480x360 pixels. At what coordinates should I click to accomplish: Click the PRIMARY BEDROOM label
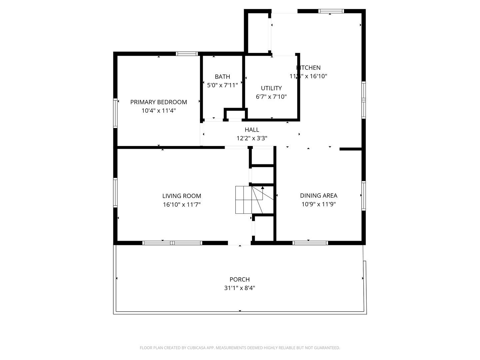tap(158, 102)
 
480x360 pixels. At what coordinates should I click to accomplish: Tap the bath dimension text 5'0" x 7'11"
tap(222, 85)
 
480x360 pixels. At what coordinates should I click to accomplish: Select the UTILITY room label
tap(271, 88)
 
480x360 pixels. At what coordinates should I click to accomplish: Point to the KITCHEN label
tap(309, 68)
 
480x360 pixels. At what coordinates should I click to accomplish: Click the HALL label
tap(252, 130)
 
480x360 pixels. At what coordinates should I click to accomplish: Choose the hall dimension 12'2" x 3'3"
tap(252, 138)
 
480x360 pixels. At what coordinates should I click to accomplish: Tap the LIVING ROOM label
tap(182, 196)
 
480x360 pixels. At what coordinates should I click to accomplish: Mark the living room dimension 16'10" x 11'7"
tap(182, 205)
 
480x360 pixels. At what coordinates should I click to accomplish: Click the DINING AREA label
tap(318, 196)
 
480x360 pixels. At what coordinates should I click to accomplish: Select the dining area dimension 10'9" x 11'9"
tap(318, 204)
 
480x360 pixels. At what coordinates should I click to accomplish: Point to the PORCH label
tap(239, 279)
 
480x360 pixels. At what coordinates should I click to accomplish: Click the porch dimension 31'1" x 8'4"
tap(239, 288)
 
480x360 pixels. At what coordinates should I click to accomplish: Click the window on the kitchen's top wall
tap(331, 11)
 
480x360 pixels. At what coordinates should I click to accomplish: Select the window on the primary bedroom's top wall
tap(187, 54)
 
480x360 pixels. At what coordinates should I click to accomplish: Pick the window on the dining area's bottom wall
tap(310, 243)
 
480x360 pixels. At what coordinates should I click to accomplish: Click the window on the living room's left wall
tap(115, 193)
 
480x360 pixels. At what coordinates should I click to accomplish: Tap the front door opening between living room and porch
tap(239, 243)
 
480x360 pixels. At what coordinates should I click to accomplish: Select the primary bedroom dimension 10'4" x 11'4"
tap(158, 111)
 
